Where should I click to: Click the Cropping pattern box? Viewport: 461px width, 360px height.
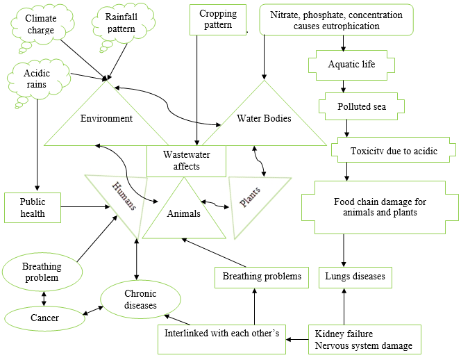click(x=217, y=19)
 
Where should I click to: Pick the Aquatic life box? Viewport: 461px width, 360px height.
click(x=351, y=65)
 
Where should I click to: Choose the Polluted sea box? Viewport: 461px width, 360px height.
click(x=361, y=106)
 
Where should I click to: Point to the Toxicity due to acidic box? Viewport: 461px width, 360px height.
click(x=393, y=150)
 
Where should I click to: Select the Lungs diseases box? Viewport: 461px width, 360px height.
click(x=355, y=277)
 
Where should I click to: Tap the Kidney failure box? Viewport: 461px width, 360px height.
click(x=363, y=339)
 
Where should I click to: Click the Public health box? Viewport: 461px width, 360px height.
click(x=34, y=207)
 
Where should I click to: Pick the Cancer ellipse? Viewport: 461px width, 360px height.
click(x=44, y=318)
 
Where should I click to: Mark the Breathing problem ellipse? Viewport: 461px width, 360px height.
click(x=42, y=272)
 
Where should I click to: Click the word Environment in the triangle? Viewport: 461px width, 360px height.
click(x=106, y=119)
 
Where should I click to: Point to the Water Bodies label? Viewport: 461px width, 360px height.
click(x=264, y=118)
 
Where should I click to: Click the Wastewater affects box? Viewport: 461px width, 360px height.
click(x=186, y=161)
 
